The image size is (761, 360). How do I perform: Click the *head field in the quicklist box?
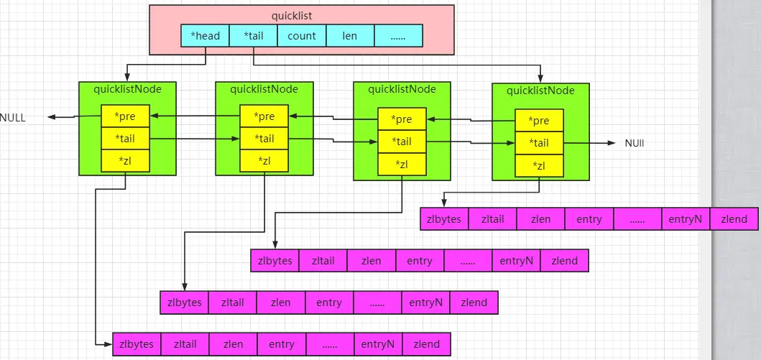tap(205, 36)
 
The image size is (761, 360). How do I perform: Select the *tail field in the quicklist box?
tap(253, 36)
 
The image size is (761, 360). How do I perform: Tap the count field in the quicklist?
tap(301, 36)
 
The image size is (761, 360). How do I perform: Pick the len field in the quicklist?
tap(350, 36)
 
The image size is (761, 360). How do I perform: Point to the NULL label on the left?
tap(12, 117)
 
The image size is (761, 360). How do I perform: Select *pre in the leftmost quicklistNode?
tap(125, 116)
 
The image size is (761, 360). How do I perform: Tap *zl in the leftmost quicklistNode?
tap(125, 161)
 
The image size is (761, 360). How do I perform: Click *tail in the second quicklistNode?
tap(264, 139)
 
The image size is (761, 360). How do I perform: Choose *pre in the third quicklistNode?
tap(402, 119)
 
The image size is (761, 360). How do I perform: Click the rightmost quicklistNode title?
tap(540, 91)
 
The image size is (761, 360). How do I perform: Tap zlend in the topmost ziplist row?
tap(733, 219)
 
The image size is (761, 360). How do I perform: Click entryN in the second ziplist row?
tap(516, 261)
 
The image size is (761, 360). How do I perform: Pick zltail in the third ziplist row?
tap(232, 303)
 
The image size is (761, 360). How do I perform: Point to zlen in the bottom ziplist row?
tap(233, 344)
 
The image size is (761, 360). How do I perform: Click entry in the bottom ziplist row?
tap(282, 344)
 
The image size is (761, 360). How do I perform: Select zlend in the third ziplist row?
tap(474, 303)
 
